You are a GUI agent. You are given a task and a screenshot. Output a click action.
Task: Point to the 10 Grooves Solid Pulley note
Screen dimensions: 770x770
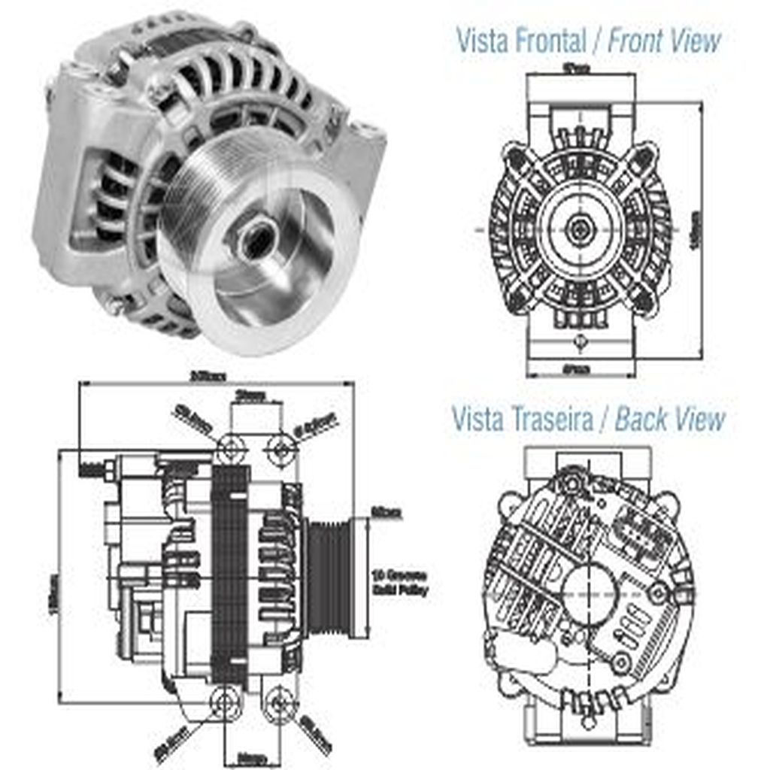pos(401,583)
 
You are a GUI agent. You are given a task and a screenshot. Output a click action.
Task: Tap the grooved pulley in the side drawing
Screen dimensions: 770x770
pos(328,575)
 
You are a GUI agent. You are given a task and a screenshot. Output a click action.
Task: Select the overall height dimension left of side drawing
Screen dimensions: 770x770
pos(53,594)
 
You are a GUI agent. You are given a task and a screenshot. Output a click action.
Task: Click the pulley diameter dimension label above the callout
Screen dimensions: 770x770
pos(387,514)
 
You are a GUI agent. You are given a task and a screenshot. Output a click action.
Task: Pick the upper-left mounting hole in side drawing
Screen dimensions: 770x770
pos(231,450)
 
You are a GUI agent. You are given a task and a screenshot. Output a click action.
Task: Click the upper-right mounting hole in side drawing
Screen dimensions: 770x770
pos(281,450)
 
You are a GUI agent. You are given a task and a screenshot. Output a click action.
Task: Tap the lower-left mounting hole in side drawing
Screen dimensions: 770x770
pos(224,703)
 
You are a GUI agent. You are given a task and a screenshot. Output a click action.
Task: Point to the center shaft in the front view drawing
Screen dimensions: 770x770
pos(580,229)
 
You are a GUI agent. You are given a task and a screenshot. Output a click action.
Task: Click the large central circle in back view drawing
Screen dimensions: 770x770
pos(590,594)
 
